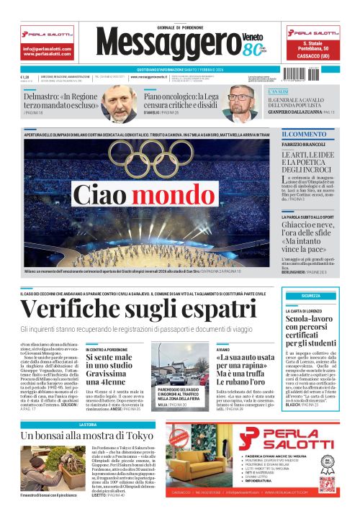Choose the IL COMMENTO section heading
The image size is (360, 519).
(x=304, y=135)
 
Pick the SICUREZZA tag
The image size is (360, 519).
(x=311, y=295)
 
